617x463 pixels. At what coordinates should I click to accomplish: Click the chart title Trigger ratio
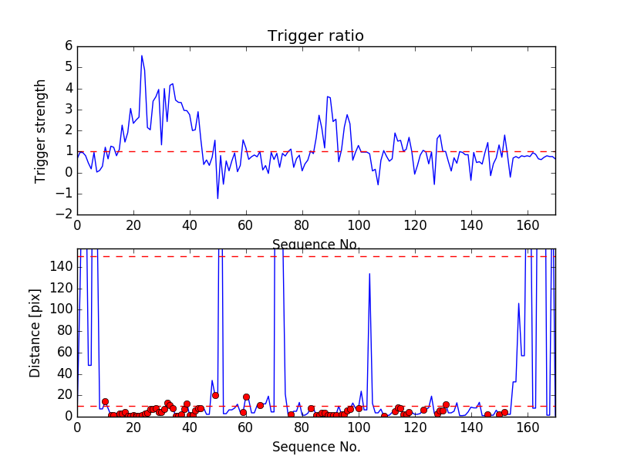(315, 36)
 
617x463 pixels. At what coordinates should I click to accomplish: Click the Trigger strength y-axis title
(40, 130)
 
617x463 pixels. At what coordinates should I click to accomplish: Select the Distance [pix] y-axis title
(35, 333)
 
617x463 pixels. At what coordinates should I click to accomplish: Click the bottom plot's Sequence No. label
(315, 447)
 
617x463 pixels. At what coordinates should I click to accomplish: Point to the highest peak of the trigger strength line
(142, 56)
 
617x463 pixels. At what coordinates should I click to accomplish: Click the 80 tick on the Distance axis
(65, 331)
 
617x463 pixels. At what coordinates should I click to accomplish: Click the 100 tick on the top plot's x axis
(358, 225)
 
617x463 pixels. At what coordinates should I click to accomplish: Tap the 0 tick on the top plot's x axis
(77, 225)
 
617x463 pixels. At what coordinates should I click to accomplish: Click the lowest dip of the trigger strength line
(217, 198)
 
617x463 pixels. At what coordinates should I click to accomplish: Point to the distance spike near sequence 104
(369, 274)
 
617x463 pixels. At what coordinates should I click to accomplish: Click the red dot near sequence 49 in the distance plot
(215, 395)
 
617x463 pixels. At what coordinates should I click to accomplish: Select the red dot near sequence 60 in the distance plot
(246, 397)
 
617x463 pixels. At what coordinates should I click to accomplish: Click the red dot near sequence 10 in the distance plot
(105, 401)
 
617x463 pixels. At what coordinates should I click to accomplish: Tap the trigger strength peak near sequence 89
(327, 96)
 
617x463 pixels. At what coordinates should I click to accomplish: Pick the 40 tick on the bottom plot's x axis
(190, 428)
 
